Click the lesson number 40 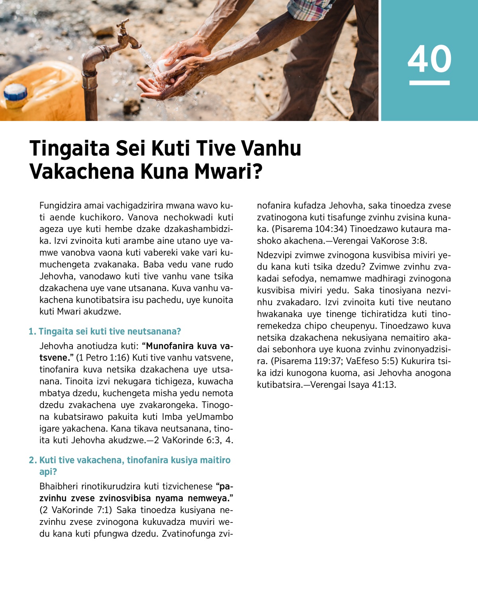(x=429, y=58)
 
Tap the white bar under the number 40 (x=429, y=83)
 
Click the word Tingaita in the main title (x=70, y=148)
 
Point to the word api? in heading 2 (x=48, y=472)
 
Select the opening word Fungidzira (x=61, y=206)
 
